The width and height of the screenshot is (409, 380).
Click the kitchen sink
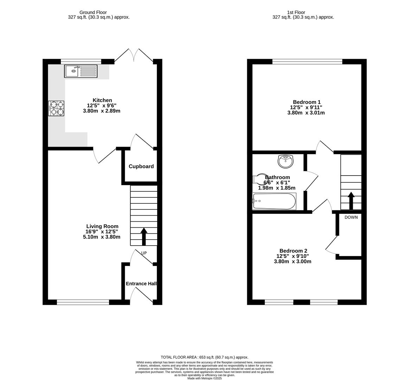point(81,71)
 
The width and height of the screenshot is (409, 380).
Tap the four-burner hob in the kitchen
point(56,108)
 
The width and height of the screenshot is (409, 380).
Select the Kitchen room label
point(102,100)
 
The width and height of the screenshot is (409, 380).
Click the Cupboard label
point(141,166)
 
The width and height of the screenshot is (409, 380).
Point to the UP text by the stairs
point(144,253)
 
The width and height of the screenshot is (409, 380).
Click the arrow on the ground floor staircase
point(144,236)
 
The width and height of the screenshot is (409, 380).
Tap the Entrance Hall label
point(141,284)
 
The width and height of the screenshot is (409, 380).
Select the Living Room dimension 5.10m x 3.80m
point(102,237)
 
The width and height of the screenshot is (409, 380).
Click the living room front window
point(83,302)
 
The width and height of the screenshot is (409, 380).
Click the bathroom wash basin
point(286,161)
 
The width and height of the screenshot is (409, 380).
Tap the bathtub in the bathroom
point(274,201)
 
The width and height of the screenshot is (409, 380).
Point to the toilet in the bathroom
point(260,179)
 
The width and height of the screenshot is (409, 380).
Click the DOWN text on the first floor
point(351,217)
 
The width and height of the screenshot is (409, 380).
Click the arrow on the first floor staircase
point(351,201)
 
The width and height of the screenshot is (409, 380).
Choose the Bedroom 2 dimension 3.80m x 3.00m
point(293,261)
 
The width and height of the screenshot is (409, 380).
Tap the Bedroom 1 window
point(307,62)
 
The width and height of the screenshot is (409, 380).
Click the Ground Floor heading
point(93,12)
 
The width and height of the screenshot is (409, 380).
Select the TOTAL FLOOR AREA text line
point(204,357)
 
